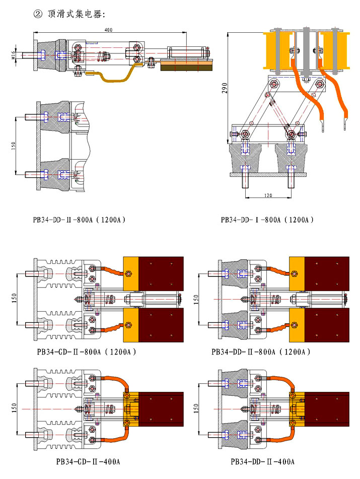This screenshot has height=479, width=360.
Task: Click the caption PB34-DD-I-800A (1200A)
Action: [267, 220]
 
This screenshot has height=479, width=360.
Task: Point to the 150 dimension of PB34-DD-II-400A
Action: [196, 406]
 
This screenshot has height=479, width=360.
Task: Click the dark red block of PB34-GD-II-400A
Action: [160, 407]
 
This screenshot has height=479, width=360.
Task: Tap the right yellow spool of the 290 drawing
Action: [335, 50]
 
